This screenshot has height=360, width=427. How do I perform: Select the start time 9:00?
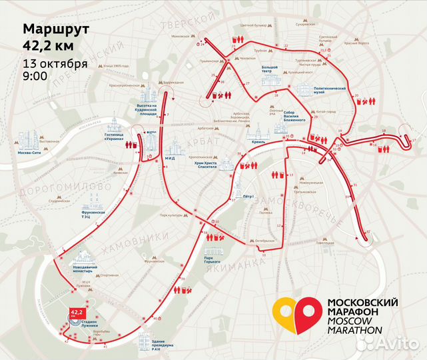tap(35, 76)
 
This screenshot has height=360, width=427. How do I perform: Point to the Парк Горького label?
tap(213, 259)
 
